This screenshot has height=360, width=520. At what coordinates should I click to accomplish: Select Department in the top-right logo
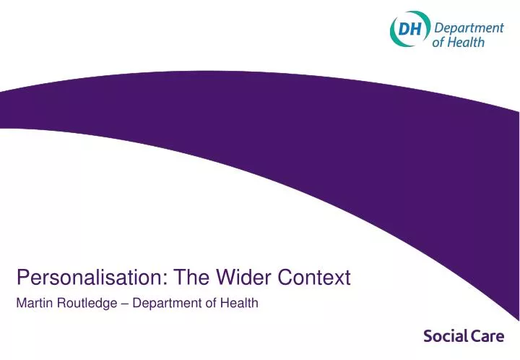click(469, 28)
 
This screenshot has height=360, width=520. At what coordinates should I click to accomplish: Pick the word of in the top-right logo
click(440, 42)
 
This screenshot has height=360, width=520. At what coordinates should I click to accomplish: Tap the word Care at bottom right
click(488, 336)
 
